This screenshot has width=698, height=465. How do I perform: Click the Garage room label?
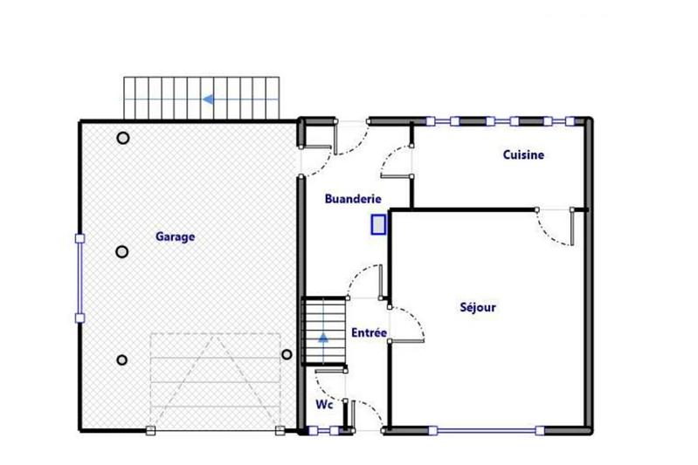[x=175, y=236]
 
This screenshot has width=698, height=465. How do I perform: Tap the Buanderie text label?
[x=352, y=199]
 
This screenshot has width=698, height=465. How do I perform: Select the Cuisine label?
[x=523, y=155]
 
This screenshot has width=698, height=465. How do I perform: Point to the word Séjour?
[x=478, y=307]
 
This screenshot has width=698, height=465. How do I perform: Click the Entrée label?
[x=369, y=333]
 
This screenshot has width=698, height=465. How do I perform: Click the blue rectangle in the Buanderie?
[x=378, y=225]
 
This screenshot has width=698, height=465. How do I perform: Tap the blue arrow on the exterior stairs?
[x=208, y=99]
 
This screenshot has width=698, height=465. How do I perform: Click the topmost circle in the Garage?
[x=123, y=138]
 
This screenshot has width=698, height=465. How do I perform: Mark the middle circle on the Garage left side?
[x=122, y=252]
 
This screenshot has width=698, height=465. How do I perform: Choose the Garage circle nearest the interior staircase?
[x=286, y=354]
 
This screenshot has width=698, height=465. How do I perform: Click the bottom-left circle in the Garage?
[x=122, y=359]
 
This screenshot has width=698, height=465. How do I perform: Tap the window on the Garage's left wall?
[x=80, y=278]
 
